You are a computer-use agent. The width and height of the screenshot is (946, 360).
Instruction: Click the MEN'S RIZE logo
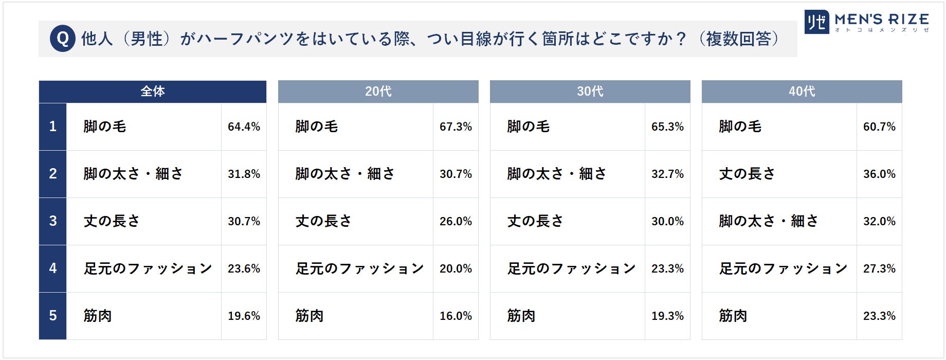click(867, 22)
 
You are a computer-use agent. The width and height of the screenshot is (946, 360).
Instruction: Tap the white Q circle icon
click(63, 39)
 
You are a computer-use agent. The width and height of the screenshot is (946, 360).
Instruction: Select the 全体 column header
click(153, 92)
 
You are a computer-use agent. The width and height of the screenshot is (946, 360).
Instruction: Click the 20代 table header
click(378, 92)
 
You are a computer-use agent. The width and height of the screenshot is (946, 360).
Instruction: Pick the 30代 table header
click(590, 92)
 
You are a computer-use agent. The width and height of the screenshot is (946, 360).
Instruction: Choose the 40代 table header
click(802, 92)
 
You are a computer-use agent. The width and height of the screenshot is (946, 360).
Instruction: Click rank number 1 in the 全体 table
click(53, 127)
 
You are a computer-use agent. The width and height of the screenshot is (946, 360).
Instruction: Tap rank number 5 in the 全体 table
click(53, 316)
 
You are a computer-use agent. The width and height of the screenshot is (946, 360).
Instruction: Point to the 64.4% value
click(244, 127)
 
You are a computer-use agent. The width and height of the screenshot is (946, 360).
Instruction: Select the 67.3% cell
click(456, 127)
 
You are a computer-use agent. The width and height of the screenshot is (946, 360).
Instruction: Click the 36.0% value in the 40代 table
click(879, 174)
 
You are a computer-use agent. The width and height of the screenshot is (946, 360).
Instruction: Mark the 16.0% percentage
click(456, 316)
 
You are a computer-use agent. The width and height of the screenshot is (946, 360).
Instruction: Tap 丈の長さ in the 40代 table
click(747, 174)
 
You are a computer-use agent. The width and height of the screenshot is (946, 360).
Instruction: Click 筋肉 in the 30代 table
click(521, 316)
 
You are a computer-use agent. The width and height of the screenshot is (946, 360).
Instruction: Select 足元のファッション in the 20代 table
click(360, 268)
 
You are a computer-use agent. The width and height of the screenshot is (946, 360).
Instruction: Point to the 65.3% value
click(667, 127)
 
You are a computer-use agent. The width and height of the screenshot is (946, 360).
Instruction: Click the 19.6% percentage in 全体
click(244, 316)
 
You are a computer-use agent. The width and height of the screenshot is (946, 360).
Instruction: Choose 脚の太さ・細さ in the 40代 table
click(769, 221)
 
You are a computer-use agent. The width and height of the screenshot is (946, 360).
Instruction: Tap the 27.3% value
click(879, 268)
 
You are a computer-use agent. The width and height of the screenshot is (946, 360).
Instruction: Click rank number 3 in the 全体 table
click(53, 221)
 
